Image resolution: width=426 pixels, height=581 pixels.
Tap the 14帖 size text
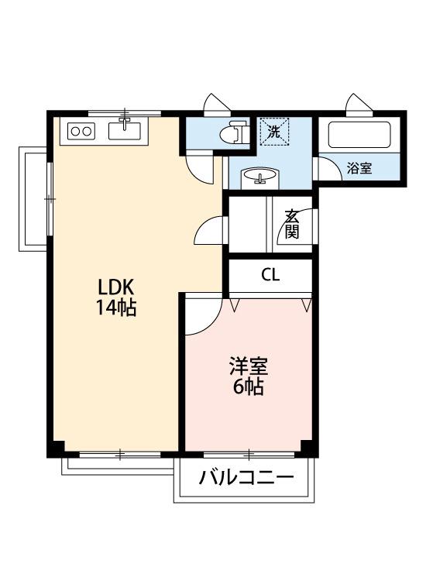(x=115, y=307)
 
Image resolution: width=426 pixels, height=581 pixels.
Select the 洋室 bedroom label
(x=248, y=365)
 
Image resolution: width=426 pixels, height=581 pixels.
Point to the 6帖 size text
(x=248, y=386)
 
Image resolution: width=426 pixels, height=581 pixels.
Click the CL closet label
(x=270, y=274)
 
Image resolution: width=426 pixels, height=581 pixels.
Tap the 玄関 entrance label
(x=291, y=223)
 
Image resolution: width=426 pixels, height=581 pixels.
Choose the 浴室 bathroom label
(x=359, y=168)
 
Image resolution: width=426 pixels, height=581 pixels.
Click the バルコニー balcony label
(x=246, y=476)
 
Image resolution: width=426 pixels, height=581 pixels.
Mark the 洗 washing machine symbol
(x=273, y=131)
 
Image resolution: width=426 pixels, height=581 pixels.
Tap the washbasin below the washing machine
(x=260, y=178)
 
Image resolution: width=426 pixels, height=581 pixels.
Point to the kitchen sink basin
(x=124, y=129)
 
